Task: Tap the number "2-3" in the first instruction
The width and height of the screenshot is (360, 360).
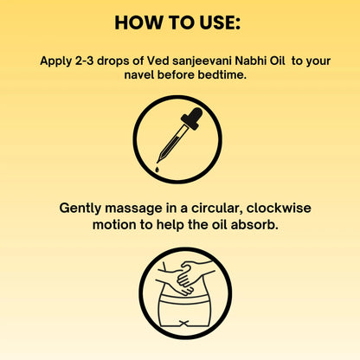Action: click(x=89, y=62)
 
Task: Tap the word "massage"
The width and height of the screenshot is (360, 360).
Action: click(x=137, y=209)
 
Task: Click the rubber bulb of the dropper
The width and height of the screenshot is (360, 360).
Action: click(x=194, y=116)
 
